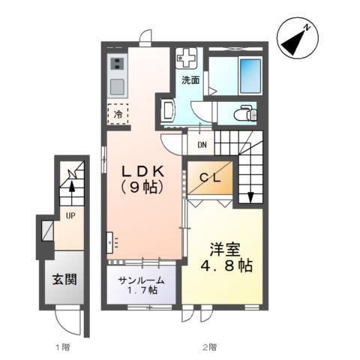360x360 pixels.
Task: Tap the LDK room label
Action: click(145, 171)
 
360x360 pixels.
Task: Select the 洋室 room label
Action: click(226, 247)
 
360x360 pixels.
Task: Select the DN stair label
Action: click(202, 145)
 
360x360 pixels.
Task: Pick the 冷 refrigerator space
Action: click(118, 114)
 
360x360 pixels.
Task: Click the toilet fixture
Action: click(241, 113)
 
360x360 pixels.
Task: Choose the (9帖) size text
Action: click(145, 187)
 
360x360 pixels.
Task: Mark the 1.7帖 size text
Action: click(142, 289)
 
